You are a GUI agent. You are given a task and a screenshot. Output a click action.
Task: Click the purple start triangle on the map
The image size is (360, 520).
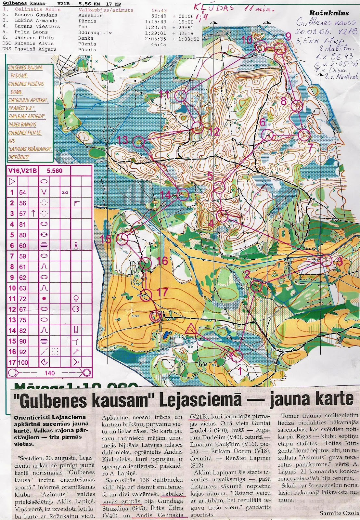(191, 329)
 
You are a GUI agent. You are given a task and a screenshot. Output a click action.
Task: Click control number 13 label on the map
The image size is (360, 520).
(122, 140)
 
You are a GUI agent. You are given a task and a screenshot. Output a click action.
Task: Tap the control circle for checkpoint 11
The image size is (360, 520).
(180, 96)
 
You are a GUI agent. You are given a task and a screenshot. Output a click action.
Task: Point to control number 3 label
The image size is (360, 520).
(340, 262)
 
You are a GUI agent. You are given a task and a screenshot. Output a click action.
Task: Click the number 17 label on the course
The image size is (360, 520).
(162, 292)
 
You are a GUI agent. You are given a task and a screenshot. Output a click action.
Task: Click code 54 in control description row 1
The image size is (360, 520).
(22, 192)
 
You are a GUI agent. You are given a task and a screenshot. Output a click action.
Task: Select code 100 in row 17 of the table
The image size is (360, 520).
(23, 362)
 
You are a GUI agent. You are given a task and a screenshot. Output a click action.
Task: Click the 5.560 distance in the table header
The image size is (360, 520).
(54, 171)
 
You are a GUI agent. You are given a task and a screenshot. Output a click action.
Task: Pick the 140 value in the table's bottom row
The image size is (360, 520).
(50, 373)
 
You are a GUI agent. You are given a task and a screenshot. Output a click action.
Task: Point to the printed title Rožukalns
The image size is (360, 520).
(329, 13)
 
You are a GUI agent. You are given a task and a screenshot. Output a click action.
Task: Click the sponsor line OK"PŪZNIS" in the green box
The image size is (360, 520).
(19, 157)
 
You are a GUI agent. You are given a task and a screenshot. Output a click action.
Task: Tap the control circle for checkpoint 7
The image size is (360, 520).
(304, 135)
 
